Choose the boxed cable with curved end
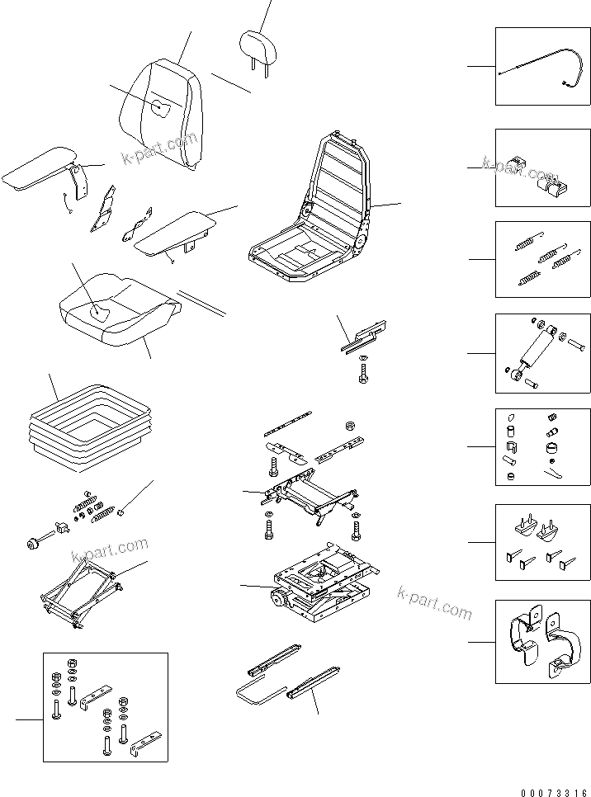click(x=542, y=66)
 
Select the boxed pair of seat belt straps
click(x=542, y=642)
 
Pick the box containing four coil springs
click(x=542, y=259)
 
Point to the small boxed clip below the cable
click(x=542, y=167)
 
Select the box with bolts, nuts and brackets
click(x=105, y=706)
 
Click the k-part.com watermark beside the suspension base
click(x=434, y=604)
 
